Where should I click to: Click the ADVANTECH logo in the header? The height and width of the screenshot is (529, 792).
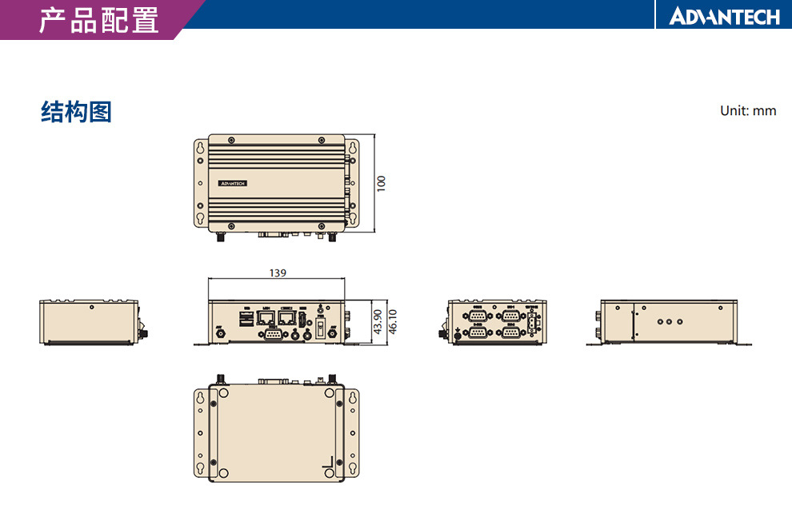tap(724, 16)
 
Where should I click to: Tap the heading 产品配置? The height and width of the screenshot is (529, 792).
tap(98, 20)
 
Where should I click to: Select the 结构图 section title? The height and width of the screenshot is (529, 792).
tap(76, 113)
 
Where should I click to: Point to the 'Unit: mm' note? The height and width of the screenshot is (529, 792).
tap(747, 110)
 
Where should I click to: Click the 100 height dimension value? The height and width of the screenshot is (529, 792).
tap(382, 183)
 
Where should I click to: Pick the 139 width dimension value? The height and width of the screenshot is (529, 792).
tap(278, 273)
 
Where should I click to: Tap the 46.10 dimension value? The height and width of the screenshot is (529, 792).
tap(392, 323)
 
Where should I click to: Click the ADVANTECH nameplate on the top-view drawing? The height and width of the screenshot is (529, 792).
tap(233, 183)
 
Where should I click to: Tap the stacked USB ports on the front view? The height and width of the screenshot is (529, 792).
tap(246, 319)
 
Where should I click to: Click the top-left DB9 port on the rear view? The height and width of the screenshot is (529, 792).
tap(478, 316)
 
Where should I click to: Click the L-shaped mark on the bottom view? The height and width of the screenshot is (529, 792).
tap(326, 464)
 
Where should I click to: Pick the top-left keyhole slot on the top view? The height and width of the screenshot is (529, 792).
tap(200, 149)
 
